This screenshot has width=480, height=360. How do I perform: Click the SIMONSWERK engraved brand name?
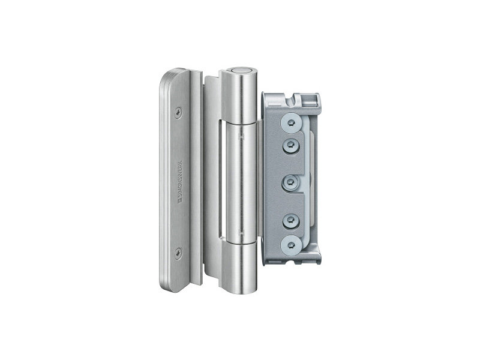pos(181,182)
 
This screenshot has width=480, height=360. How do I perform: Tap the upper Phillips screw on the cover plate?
pos(178,113)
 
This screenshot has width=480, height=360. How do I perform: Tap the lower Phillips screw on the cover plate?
pos(178,253)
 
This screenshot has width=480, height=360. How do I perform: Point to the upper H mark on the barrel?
pos(242,137)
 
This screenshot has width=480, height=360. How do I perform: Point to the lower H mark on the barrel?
pos(242,233)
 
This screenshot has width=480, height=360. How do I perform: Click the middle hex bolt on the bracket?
pos(290,182)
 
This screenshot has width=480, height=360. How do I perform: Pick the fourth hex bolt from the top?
pos(290,220)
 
